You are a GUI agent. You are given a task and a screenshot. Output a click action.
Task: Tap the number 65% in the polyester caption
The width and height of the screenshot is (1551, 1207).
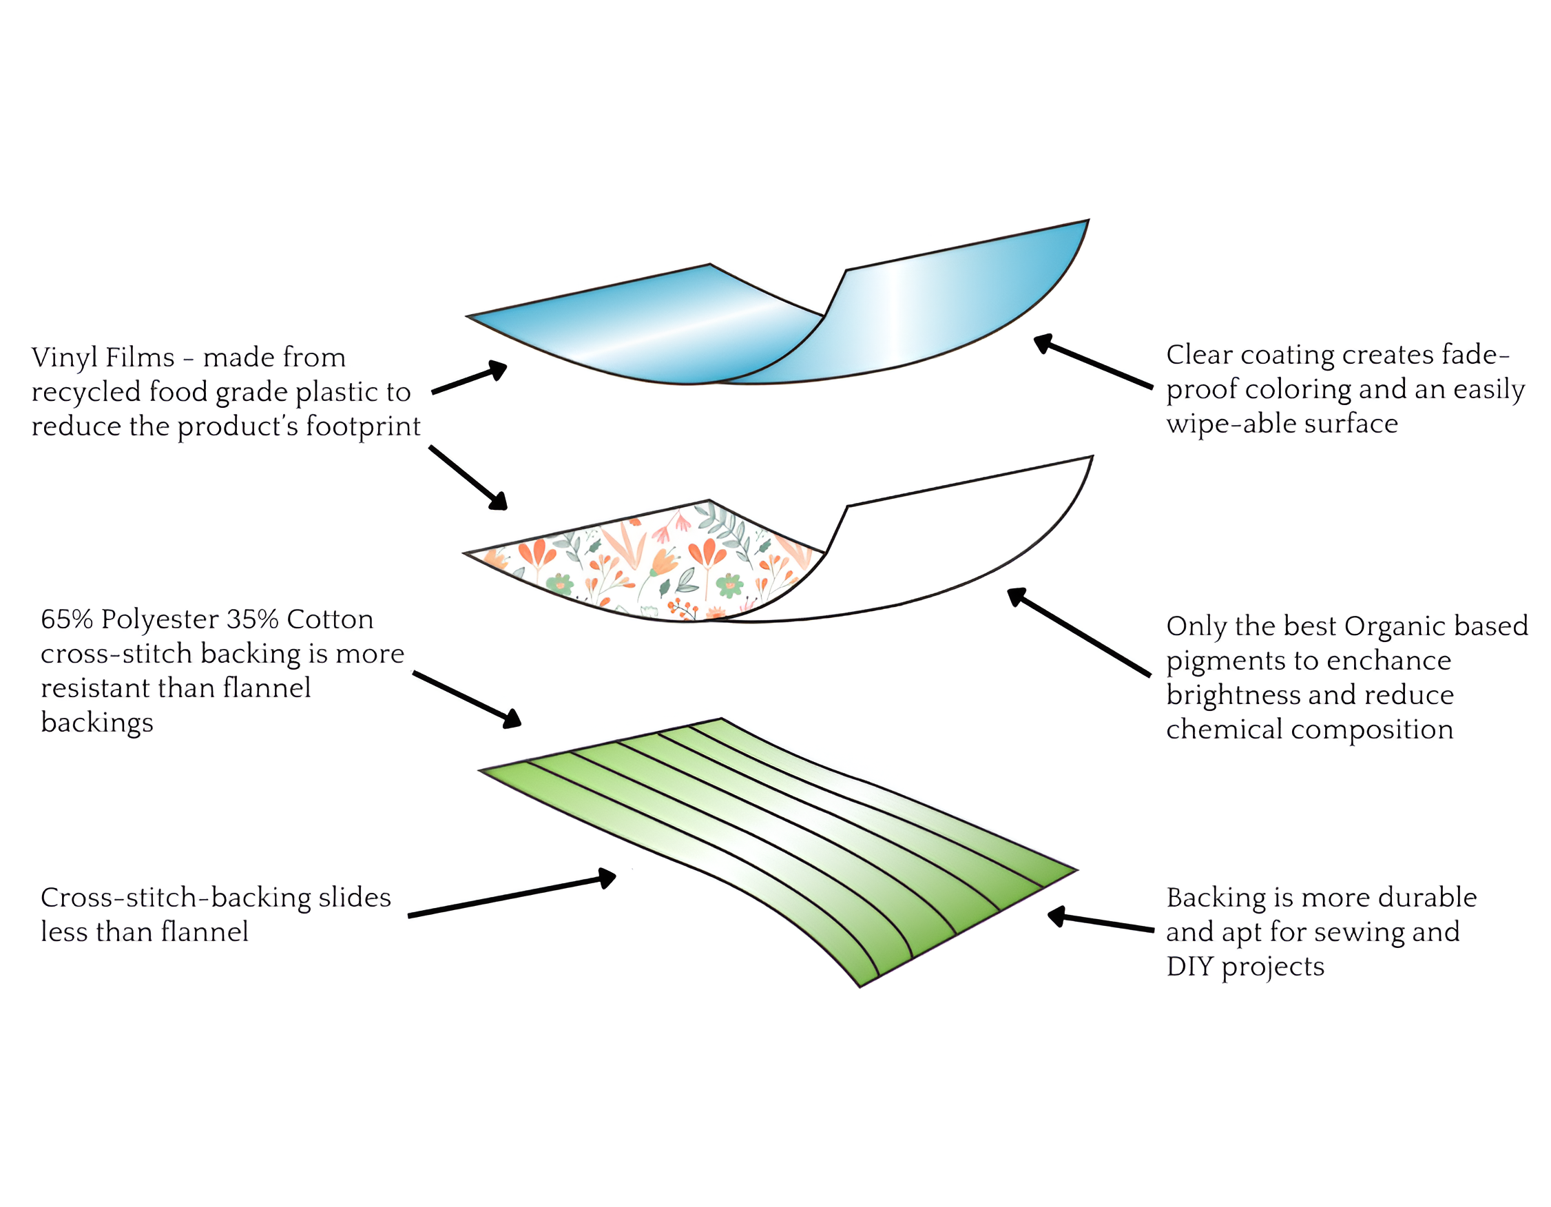point(67,619)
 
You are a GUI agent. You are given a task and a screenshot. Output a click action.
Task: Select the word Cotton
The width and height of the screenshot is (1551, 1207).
point(330,619)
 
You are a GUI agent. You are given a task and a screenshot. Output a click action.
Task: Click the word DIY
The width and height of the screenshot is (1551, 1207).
point(1189,967)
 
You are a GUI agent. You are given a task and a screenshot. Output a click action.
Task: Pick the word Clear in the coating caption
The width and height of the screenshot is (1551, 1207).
point(1200,355)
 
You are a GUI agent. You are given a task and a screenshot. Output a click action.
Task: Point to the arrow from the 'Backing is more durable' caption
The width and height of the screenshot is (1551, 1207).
point(1101,922)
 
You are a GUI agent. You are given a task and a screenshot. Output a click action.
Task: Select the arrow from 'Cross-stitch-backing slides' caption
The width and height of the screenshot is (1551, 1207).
point(511,896)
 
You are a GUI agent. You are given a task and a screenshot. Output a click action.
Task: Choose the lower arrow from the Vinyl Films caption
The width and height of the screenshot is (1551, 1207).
point(468,478)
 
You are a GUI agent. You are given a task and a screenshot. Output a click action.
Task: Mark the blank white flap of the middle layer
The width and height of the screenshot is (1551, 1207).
point(952,547)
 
